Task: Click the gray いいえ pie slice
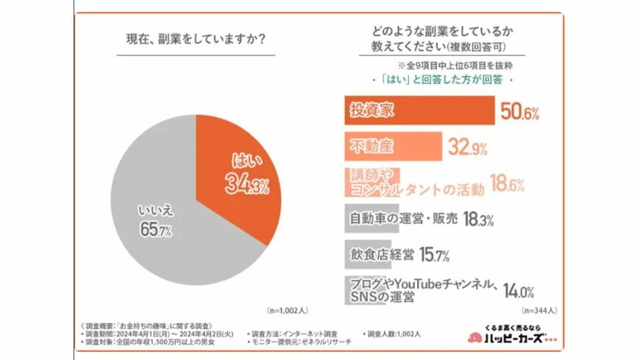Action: click(154, 221)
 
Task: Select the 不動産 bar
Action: click(393, 147)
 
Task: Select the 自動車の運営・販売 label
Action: click(403, 219)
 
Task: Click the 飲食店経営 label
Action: click(380, 254)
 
